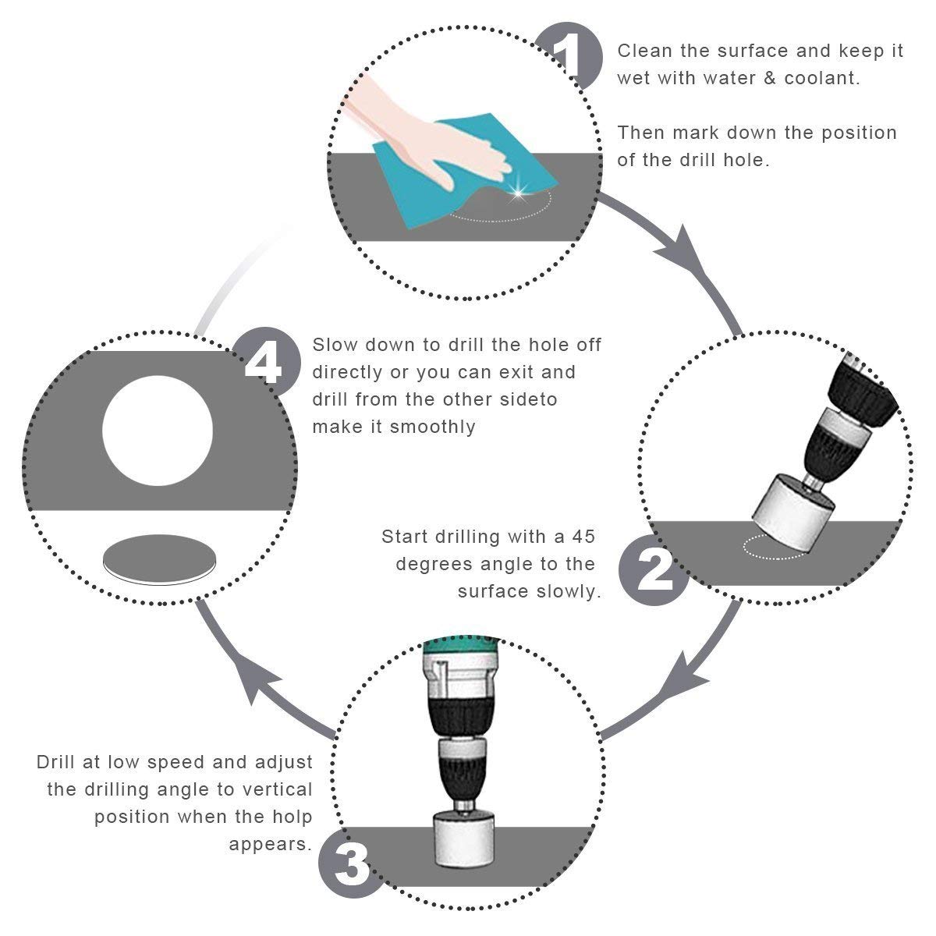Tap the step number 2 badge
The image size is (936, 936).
[x=654, y=570]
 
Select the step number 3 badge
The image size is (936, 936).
[x=353, y=863]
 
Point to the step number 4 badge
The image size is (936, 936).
[x=265, y=363]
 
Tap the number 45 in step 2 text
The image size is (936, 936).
[x=583, y=537]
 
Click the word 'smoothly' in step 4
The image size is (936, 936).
[x=432, y=427]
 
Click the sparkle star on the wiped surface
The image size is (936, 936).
[x=518, y=193]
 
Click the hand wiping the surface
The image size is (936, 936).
[x=427, y=133]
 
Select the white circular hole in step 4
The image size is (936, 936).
[x=158, y=431]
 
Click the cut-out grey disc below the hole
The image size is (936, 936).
[x=159, y=559]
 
